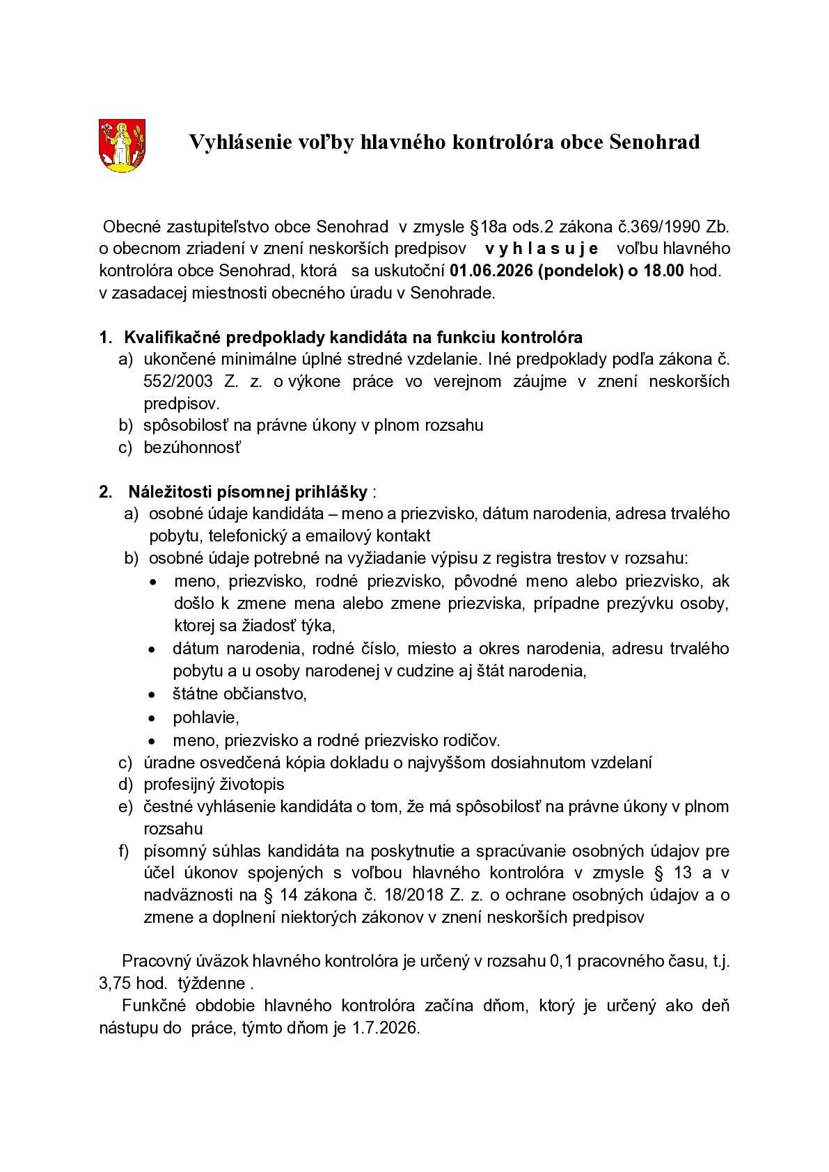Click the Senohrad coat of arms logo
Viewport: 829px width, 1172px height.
point(122,145)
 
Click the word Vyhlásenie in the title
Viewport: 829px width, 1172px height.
point(240,143)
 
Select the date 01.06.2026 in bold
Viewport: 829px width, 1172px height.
point(489,271)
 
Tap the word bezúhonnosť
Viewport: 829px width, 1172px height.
point(191,447)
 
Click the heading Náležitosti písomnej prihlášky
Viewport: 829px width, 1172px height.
point(247,491)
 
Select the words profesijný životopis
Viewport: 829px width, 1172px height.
point(214,784)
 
